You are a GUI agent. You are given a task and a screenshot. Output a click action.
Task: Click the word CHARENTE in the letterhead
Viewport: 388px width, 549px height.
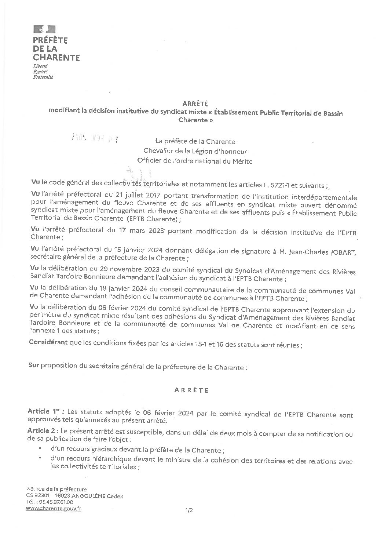tap(56, 58)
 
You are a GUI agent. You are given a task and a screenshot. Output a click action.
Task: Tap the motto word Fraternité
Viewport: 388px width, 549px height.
tap(43, 77)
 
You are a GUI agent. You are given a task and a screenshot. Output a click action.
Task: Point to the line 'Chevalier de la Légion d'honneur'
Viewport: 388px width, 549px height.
tap(195, 151)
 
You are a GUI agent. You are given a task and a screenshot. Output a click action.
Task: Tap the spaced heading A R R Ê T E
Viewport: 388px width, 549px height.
tap(191, 390)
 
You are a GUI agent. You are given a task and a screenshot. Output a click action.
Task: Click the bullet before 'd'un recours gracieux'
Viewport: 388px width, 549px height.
tap(40, 449)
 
